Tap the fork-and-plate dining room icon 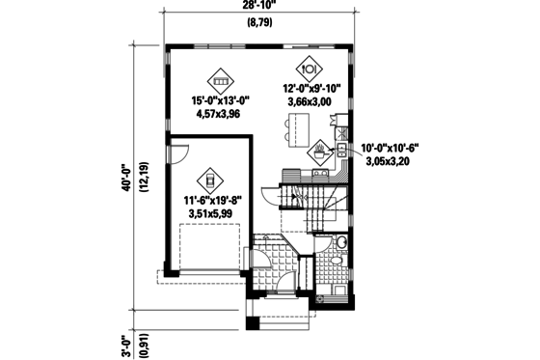pos(310,69)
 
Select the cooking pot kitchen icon pos(319,150)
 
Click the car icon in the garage pos(207,180)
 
